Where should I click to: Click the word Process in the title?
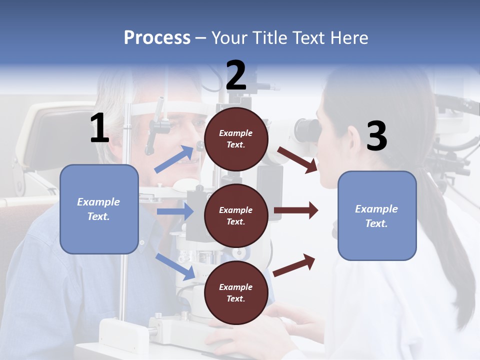point(157,38)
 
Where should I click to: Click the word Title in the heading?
point(269,38)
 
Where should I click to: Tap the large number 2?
point(236,76)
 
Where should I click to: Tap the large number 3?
point(376,136)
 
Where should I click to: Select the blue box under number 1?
point(99,209)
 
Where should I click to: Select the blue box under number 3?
point(377,216)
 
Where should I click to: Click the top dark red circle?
point(236,139)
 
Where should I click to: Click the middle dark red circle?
point(236,215)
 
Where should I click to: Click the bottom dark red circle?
point(236,292)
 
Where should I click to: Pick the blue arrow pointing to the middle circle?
point(175,211)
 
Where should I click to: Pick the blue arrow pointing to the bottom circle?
point(175,266)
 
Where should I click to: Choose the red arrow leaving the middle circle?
point(296,210)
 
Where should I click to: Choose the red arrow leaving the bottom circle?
point(294,265)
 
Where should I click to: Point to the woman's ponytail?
point(440,215)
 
